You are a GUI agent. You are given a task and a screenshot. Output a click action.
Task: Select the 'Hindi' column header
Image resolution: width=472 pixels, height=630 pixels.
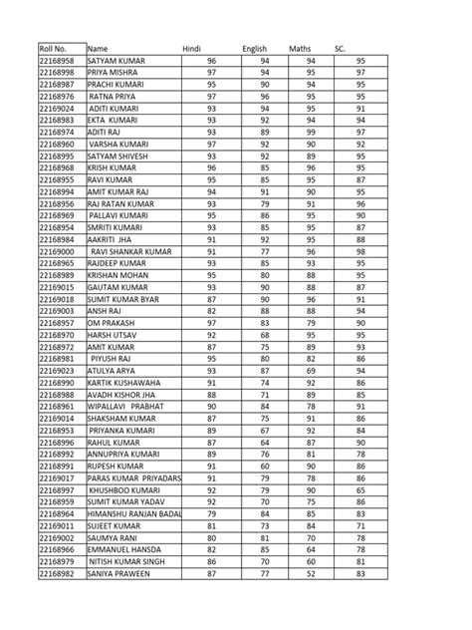point(192,48)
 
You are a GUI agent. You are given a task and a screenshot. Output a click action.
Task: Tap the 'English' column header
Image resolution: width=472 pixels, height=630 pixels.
point(256,48)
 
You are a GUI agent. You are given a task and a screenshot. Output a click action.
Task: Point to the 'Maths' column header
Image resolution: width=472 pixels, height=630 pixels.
point(300,48)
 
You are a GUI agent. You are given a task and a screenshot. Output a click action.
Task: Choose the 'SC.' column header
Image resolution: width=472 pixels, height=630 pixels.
point(340,48)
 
